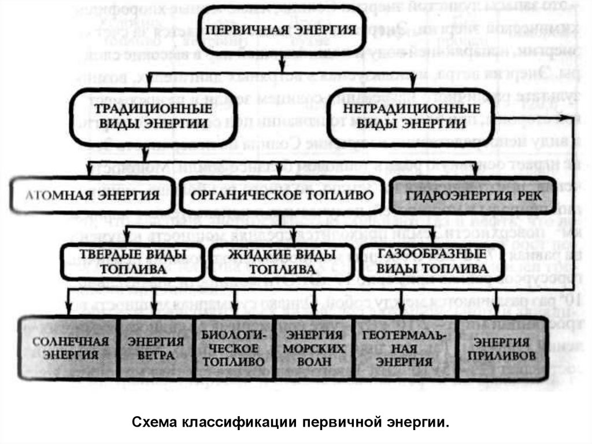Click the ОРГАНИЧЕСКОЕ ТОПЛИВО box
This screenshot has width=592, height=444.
[x=281, y=195]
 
